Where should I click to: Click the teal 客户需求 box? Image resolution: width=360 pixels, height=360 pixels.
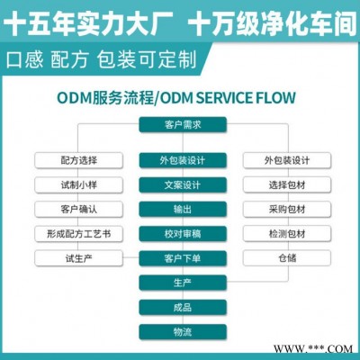click(x=183, y=125)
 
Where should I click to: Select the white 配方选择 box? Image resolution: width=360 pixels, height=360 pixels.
click(x=79, y=160)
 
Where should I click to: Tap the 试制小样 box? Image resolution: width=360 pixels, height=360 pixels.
click(x=79, y=184)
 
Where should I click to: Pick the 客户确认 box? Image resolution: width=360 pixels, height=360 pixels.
click(x=79, y=209)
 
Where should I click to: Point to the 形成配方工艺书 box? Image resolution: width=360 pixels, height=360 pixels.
click(x=79, y=234)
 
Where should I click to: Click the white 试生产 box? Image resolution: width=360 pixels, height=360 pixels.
click(x=79, y=258)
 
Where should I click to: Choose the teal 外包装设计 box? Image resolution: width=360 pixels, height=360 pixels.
click(x=183, y=160)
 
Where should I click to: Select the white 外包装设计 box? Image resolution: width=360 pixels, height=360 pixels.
click(x=287, y=160)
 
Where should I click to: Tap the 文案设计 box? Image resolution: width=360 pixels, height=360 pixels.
click(x=183, y=184)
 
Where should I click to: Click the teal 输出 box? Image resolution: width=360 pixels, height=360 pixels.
click(x=183, y=209)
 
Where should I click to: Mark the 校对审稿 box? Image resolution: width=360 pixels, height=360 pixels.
click(x=183, y=234)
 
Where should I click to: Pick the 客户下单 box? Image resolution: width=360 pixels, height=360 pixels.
click(x=183, y=258)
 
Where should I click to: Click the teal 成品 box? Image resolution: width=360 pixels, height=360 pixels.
click(x=183, y=307)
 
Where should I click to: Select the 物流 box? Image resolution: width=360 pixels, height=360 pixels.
click(x=183, y=332)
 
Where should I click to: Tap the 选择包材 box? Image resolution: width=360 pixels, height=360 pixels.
click(x=287, y=184)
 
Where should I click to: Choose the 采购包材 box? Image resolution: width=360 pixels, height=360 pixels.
click(x=287, y=209)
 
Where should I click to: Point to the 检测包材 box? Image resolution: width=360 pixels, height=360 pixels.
click(x=287, y=234)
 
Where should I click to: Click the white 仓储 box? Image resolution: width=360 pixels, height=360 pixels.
click(x=287, y=258)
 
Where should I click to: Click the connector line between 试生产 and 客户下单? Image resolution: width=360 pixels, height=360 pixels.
click(x=131, y=257)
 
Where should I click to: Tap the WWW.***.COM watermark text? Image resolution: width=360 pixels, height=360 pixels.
click(x=313, y=349)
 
